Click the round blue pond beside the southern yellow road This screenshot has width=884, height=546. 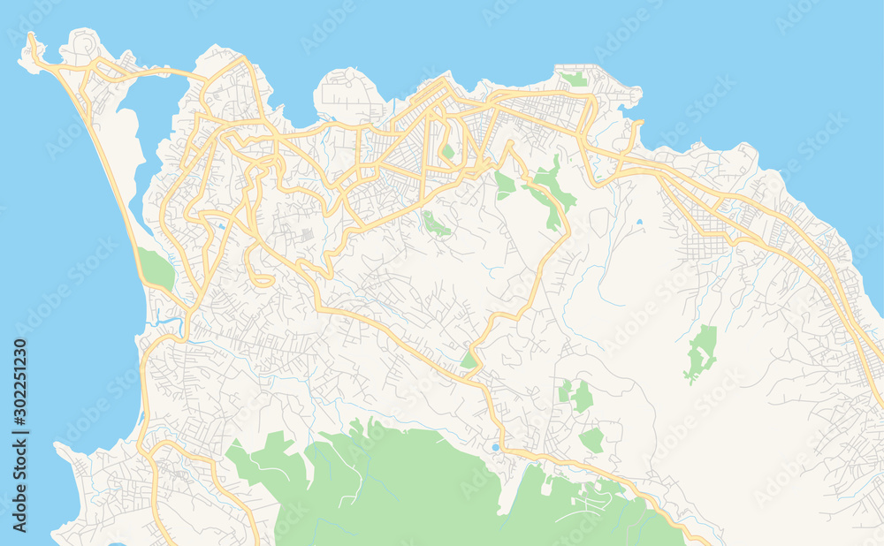click(495, 448)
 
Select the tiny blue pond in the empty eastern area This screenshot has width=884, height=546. click(639, 222)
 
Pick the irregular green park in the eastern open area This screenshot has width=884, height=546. click(700, 352)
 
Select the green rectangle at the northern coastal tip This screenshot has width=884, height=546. click(575, 79)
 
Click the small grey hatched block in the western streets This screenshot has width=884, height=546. click(306, 235)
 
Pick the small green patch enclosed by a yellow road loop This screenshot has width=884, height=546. click(448, 151)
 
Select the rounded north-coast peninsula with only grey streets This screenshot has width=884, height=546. click(349, 93)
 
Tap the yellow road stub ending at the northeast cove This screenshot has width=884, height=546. click(638, 125)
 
